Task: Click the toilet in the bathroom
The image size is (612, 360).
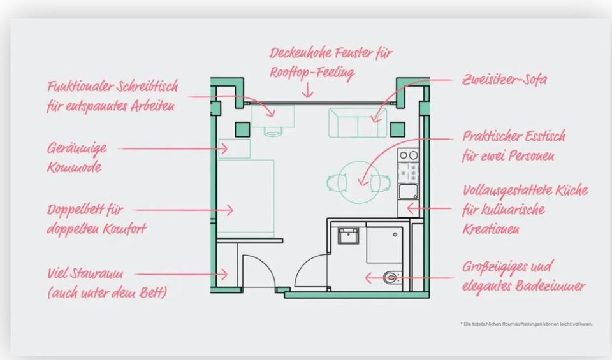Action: point(391,277)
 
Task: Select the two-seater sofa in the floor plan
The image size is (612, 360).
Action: point(358,123)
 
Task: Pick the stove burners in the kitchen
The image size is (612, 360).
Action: point(408,155)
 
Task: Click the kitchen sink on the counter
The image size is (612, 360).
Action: point(408,191)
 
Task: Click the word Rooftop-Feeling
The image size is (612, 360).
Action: point(311,73)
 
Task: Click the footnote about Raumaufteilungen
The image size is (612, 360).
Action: point(526,324)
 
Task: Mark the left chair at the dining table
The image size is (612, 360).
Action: point(335,182)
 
